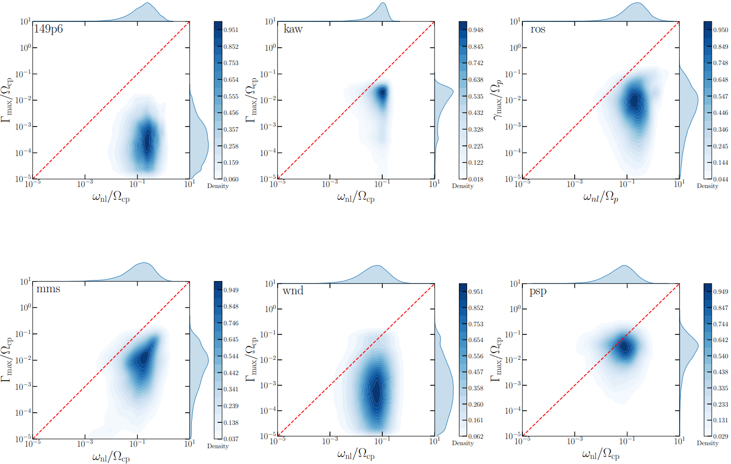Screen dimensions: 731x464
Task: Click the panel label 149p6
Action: coord(48,29)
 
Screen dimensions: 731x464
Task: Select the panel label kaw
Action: coord(293,29)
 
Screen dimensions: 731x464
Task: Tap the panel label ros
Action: coord(538,29)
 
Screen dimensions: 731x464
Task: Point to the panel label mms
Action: coord(48,289)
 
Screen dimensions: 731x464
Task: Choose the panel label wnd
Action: coord(293,290)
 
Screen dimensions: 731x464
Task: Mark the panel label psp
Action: coord(538,291)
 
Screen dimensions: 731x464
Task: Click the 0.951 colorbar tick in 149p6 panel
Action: coord(231,30)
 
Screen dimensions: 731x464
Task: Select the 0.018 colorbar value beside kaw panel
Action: coord(476,179)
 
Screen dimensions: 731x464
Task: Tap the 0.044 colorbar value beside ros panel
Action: coord(720,179)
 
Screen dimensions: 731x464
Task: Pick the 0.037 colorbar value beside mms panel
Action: coord(231,439)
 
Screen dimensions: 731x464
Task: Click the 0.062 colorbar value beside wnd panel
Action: coord(476,436)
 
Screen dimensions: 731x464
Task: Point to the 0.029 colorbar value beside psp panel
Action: coord(720,436)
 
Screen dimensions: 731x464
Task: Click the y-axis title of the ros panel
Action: coord(497,100)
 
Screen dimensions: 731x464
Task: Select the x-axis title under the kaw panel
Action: coord(356,197)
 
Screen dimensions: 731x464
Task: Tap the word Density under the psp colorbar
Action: coord(708,443)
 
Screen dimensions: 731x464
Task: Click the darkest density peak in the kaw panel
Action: coord(383,93)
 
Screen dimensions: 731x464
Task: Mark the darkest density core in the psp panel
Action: coord(624,347)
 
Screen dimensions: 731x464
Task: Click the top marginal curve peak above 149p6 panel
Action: coord(147,3)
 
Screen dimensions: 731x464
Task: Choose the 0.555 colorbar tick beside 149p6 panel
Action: coord(231,97)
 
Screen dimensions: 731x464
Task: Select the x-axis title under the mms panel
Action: coord(111,457)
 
